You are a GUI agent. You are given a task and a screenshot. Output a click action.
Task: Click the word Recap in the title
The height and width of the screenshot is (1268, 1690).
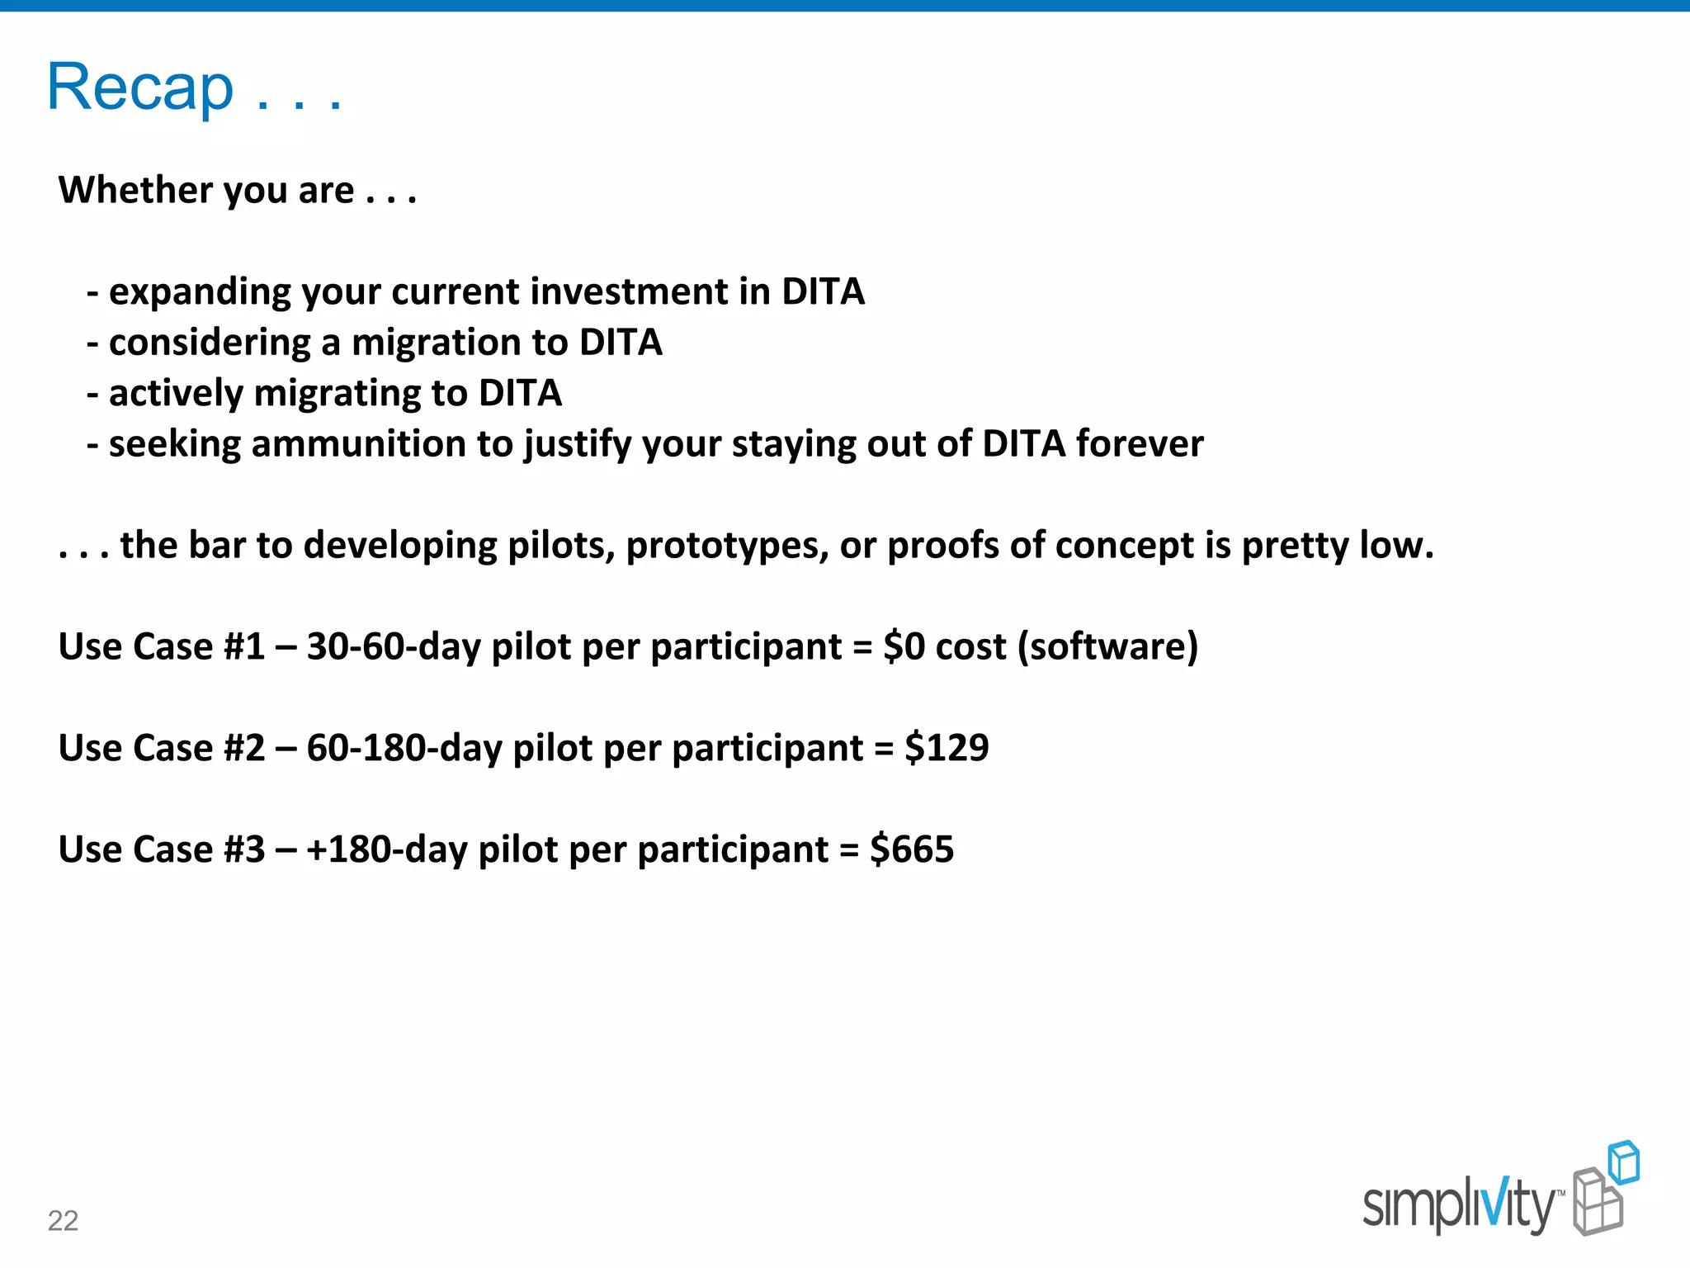coord(140,88)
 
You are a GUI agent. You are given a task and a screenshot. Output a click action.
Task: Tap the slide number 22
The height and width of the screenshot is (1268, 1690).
coord(63,1220)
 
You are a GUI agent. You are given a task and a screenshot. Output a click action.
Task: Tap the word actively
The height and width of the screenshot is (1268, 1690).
coord(176,393)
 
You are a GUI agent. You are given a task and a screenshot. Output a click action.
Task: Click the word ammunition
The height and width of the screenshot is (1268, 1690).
coord(359,444)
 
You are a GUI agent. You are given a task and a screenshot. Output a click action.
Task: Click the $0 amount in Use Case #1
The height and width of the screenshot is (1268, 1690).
coord(904,646)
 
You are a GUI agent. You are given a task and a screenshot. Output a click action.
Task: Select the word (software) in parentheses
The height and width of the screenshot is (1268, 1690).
coord(1107,646)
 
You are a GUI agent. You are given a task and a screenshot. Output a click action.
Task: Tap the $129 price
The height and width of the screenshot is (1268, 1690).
coord(946,748)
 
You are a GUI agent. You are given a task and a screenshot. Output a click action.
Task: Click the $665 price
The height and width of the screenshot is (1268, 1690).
coord(912,849)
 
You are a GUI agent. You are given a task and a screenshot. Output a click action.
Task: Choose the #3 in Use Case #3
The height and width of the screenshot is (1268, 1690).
coord(244,849)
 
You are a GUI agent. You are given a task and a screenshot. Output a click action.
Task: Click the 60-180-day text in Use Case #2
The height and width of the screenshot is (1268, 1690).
coord(404,748)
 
